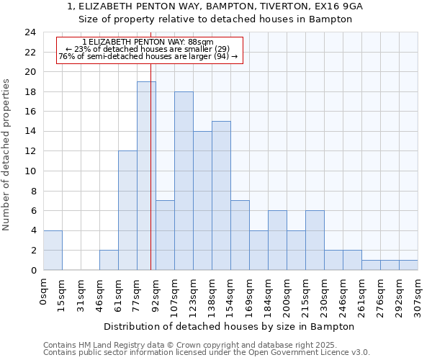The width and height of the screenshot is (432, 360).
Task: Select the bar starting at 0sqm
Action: (x=53, y=250)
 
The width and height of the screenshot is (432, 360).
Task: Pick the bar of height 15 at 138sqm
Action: (x=221, y=195)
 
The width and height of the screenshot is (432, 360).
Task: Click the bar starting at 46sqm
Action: (x=109, y=260)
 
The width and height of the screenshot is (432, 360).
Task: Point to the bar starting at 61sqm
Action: (x=127, y=210)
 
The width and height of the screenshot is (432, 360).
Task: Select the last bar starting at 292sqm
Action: (x=408, y=265)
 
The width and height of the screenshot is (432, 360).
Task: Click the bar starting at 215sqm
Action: (x=315, y=240)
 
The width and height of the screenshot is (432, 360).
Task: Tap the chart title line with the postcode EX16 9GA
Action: (x=215, y=6)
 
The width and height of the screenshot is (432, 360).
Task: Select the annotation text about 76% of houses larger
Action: (x=148, y=56)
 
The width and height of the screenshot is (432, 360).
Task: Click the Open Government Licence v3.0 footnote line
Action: (x=207, y=353)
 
